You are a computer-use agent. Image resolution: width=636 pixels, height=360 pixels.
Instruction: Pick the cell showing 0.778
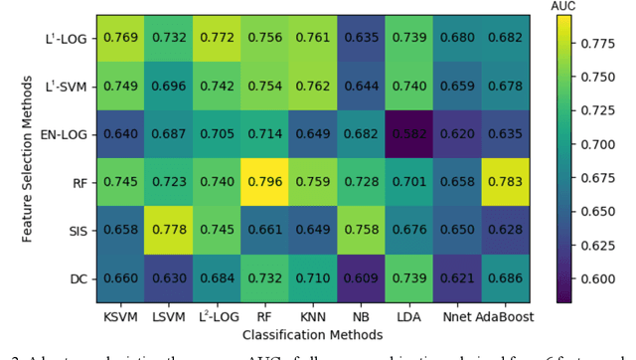click(x=170, y=230)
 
